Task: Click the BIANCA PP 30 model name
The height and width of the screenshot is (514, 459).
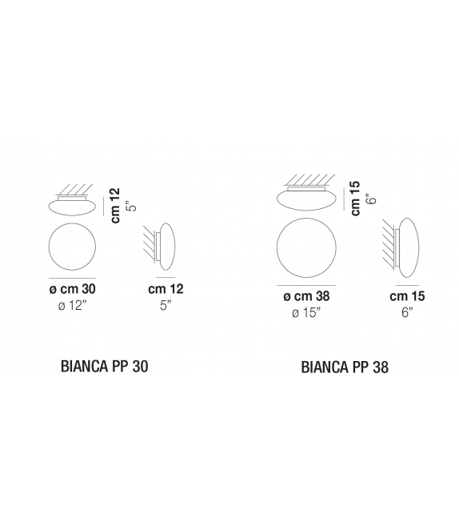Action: click(105, 366)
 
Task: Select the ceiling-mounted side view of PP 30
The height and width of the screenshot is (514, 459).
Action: click(73, 206)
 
